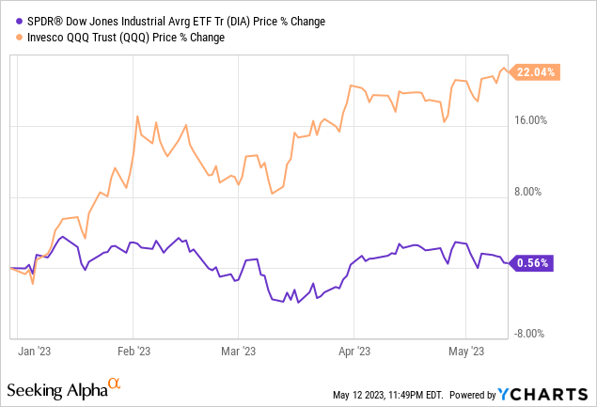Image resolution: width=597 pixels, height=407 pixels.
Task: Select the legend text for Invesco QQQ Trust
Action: pyautogui.click(x=121, y=39)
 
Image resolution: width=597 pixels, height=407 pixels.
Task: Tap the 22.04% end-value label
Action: pyautogui.click(x=538, y=72)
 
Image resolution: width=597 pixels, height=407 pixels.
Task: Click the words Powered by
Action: pyautogui.click(x=488, y=394)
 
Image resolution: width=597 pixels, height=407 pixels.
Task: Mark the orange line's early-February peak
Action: pyautogui.click(x=138, y=117)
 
